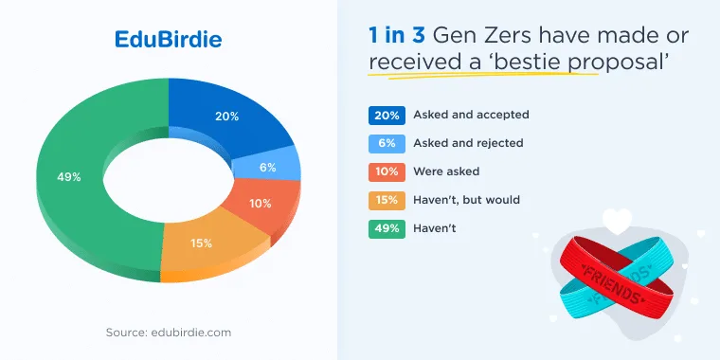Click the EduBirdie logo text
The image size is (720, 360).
[x=168, y=40]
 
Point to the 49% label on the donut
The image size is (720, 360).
[x=69, y=177]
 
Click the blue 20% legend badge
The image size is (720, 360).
[x=387, y=116]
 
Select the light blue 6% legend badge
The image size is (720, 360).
[x=387, y=144]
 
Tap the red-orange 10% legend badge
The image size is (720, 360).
[x=387, y=172]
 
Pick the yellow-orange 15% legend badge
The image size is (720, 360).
[x=387, y=201]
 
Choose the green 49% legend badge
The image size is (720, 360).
[x=387, y=229]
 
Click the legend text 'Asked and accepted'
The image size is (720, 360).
[x=471, y=115]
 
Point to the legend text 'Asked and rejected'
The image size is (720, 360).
[x=468, y=143]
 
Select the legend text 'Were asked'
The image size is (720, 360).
[x=446, y=171]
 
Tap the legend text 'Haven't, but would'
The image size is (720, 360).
[x=466, y=200]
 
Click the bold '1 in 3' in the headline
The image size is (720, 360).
[x=397, y=35]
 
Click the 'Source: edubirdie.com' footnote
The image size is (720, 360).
[x=169, y=332]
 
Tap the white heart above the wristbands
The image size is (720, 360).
[x=617, y=221]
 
